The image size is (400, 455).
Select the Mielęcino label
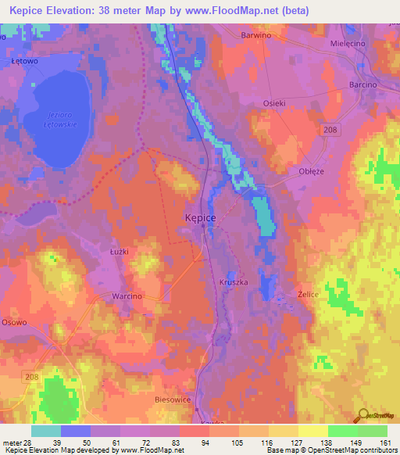(348, 44)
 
